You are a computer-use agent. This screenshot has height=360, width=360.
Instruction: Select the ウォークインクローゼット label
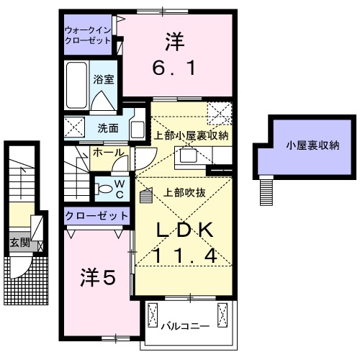click(88, 35)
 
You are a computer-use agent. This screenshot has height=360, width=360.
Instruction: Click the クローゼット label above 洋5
click(96, 215)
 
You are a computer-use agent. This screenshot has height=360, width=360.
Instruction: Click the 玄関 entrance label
click(20, 243)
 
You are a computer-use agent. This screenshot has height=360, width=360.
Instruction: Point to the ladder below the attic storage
click(267, 190)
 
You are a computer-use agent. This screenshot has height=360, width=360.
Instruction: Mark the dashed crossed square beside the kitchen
click(219, 114)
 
